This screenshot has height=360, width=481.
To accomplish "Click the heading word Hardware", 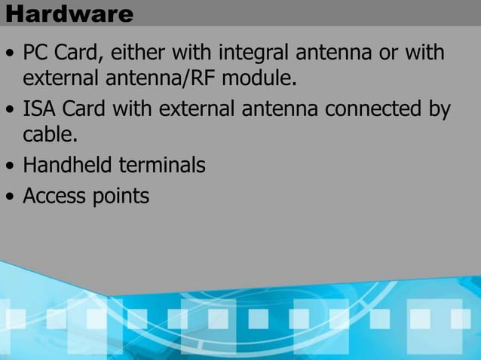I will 68,14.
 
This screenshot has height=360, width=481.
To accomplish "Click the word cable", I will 49,134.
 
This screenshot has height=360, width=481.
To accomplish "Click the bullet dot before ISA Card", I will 10,111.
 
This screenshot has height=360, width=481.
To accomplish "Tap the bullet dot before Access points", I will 10,197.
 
